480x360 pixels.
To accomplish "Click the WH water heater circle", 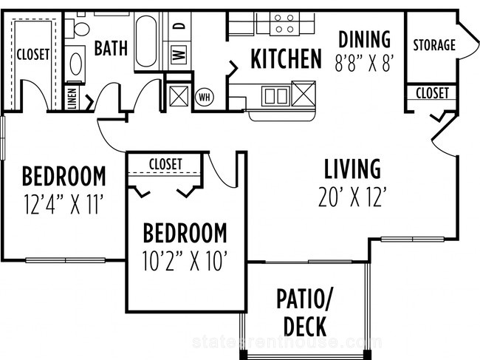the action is click(205, 97).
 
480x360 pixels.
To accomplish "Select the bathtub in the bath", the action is click(146, 41).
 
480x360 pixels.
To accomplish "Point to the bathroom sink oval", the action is click(75, 64).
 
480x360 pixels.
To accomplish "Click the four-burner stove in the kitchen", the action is click(284, 24).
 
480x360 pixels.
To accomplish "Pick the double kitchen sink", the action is click(275, 95).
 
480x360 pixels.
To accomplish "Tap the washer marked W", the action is click(179, 55).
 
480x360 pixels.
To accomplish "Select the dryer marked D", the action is click(179, 27).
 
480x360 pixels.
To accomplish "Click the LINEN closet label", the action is click(72, 98).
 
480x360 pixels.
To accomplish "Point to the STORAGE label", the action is click(434, 45).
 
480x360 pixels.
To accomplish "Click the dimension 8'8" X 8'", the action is click(363, 63).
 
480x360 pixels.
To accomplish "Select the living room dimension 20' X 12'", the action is click(352, 197).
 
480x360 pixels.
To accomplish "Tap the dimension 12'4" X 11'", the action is click(64, 205).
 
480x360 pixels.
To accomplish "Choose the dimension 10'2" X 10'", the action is click(185, 261).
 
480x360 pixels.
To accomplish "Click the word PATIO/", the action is click(304, 299).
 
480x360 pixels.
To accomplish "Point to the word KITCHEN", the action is click(286, 58).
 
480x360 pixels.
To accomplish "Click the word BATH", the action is click(111, 48).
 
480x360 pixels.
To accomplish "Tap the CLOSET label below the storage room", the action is click(432, 93).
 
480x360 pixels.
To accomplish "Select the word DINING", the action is click(364, 39).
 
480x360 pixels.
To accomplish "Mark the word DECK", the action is click(304, 327).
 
